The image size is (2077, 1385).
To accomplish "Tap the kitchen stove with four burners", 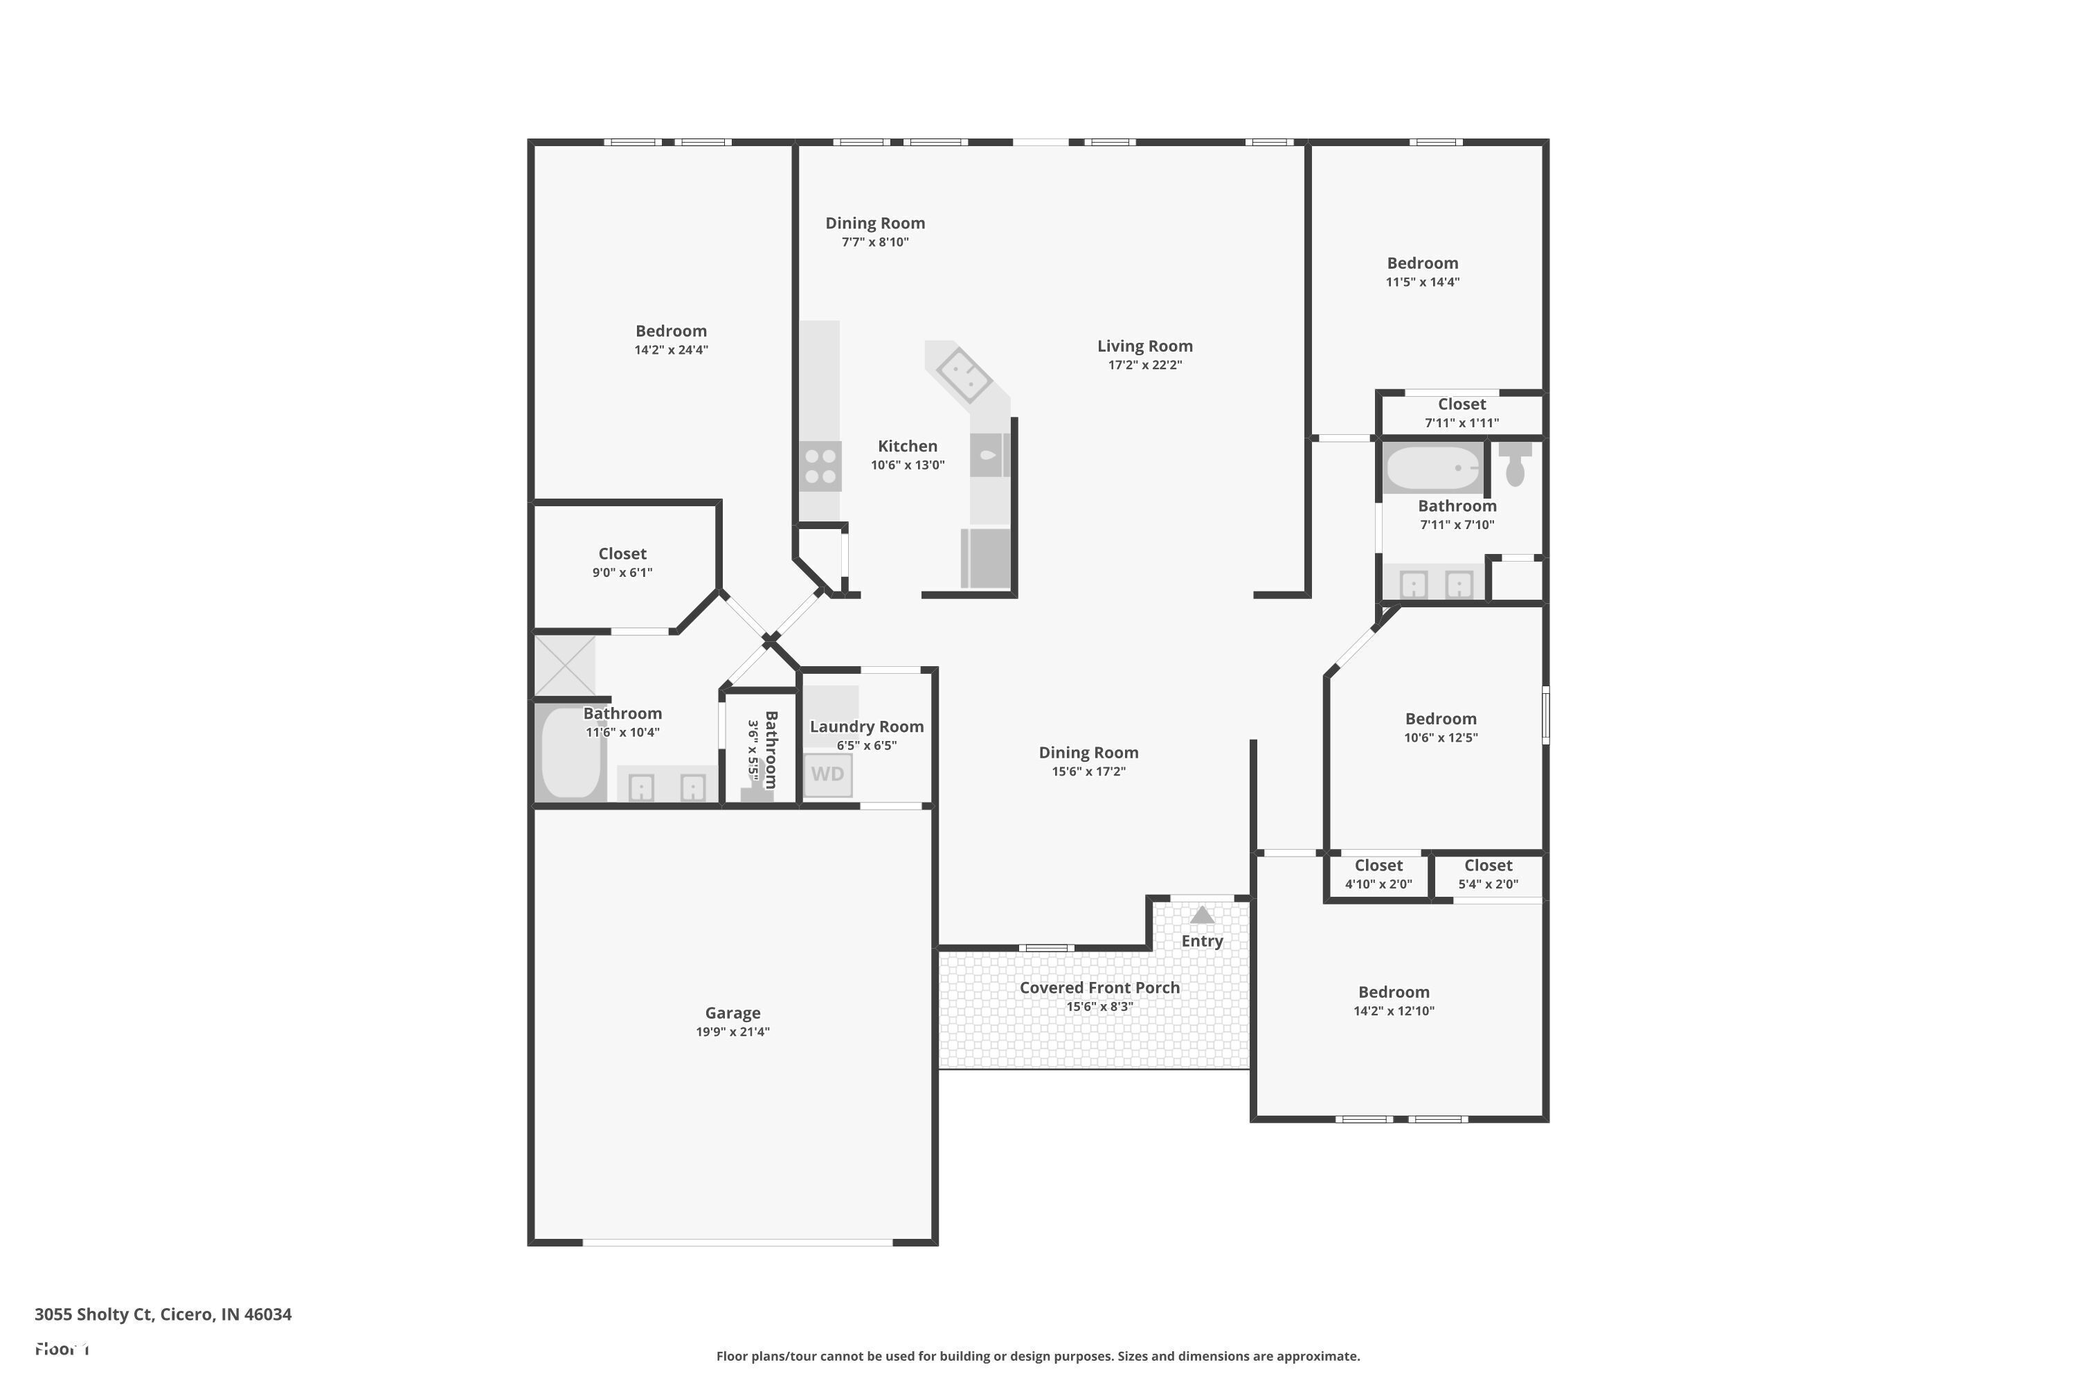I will [820, 466].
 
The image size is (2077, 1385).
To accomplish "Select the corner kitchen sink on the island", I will [964, 375].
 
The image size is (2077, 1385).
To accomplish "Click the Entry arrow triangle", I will [1202, 915].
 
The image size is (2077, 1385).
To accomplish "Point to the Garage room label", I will [732, 1013].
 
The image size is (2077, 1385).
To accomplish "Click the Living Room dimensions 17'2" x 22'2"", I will [1144, 365].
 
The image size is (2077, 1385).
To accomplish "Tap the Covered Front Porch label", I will [1099, 988].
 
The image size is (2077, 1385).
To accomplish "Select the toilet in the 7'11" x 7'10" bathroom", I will [1516, 465].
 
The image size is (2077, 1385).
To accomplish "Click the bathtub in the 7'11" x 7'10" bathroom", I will [1432, 468].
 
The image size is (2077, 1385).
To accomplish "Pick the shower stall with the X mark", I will [565, 665].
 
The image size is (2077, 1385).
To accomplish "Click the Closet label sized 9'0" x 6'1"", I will [622, 554].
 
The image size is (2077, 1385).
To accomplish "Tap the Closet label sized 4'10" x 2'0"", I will [1378, 866].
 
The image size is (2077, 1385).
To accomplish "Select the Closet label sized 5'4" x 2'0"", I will [1488, 866].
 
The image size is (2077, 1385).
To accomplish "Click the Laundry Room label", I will [866, 726].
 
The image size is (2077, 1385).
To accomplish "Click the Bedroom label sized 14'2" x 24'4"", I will [670, 331].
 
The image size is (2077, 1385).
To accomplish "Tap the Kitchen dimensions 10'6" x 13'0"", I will [907, 465].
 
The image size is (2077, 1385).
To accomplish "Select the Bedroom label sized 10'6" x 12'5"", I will [1440, 719].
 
